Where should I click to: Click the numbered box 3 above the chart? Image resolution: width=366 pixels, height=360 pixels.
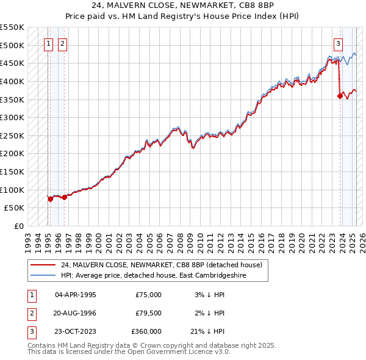point(338,43)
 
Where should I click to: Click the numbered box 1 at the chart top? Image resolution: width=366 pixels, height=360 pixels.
point(48,43)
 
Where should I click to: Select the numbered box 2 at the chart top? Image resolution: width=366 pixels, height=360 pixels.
point(63,43)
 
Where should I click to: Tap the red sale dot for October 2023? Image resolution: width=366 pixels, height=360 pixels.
point(340,95)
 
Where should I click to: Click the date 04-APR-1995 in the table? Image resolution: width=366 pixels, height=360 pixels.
point(75,295)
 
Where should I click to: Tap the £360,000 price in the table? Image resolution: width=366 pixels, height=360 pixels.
point(146,331)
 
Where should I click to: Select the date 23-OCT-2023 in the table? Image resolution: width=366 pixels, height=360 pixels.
point(76,331)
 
